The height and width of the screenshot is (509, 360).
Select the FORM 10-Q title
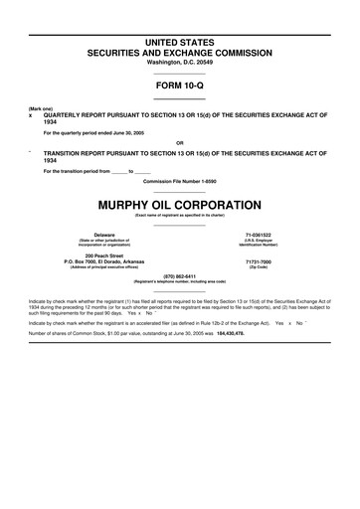180,85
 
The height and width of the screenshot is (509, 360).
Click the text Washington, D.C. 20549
180,62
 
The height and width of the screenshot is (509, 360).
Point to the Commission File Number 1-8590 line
180,181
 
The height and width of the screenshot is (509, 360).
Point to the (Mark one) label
41,107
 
